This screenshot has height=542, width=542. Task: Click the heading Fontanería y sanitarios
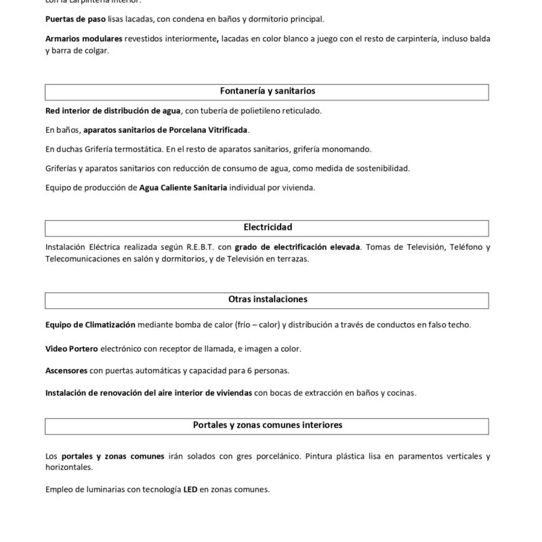pos(267,91)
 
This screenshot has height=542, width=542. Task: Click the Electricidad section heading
pos(267,228)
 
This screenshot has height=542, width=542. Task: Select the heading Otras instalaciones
pos(267,299)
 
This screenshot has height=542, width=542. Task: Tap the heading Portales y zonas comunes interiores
pos(267,425)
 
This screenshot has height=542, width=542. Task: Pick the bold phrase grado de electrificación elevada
pos(297,247)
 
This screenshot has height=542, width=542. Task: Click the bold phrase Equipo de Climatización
pos(90,325)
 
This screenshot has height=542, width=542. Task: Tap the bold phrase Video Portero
pos(71,349)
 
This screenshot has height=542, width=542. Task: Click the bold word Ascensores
pos(66,371)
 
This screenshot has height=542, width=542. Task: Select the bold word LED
pos(190,489)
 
